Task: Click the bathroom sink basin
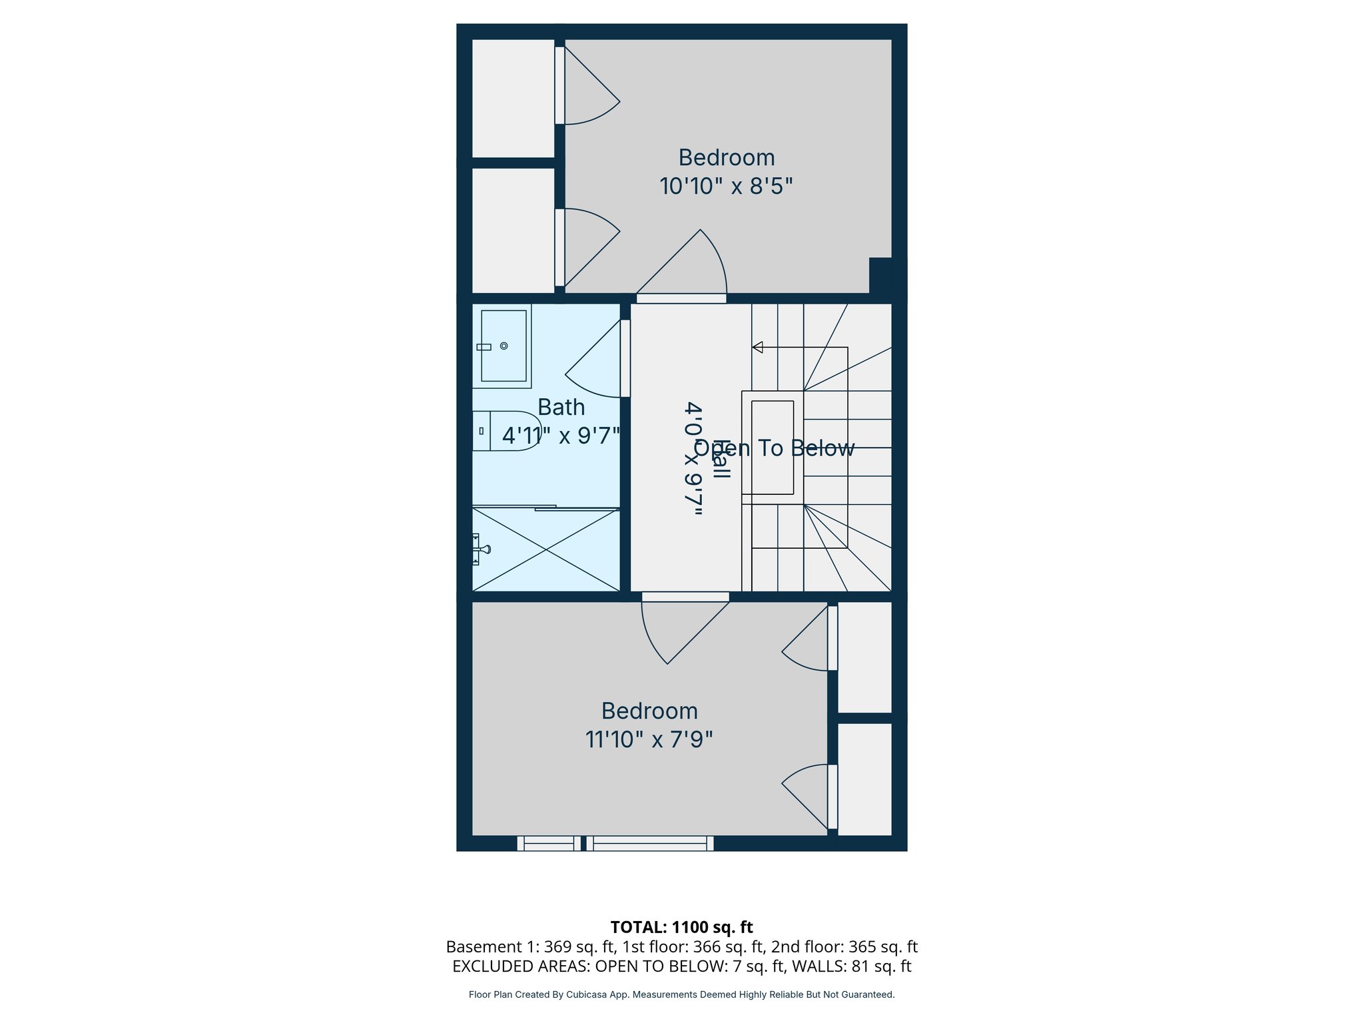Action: point(504,346)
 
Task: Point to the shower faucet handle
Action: point(482,549)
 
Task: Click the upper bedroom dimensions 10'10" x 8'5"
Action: point(726,186)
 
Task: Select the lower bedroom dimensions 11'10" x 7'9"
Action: point(649,739)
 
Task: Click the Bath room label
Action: point(561,407)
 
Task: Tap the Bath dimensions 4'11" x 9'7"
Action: point(561,436)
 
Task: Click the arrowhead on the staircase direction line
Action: point(757,347)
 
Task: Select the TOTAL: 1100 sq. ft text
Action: point(681,927)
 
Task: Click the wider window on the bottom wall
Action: point(649,843)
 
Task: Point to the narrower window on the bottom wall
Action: point(548,843)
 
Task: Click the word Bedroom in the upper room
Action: point(726,158)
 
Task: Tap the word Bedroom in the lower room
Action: point(649,711)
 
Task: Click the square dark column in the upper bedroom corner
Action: point(880,275)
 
